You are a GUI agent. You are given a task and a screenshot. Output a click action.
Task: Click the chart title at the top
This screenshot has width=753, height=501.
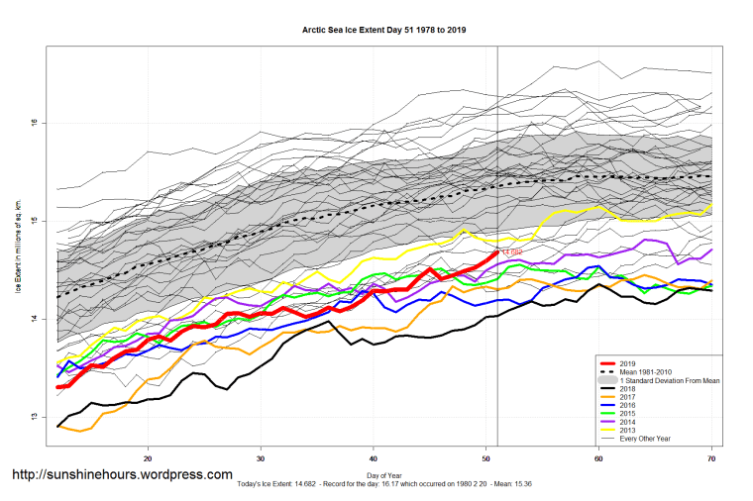pyautogui.click(x=384, y=30)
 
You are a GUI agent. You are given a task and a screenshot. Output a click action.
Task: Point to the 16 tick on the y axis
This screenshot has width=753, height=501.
pyautogui.click(x=34, y=123)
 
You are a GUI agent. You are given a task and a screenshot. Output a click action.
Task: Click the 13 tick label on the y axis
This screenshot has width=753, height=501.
pyautogui.click(x=34, y=417)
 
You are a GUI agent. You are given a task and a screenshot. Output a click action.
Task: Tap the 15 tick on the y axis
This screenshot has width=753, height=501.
pyautogui.click(x=34, y=221)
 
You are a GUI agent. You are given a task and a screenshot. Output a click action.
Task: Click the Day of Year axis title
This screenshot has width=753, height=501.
pyautogui.click(x=380, y=472)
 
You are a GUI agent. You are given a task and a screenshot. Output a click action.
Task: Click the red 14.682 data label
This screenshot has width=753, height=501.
pyautogui.click(x=512, y=252)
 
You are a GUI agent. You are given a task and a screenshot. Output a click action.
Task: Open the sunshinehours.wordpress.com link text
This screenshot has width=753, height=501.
pyautogui.click(x=122, y=475)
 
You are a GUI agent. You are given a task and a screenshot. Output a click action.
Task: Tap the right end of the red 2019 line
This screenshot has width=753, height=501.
pyautogui.click(x=497, y=252)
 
